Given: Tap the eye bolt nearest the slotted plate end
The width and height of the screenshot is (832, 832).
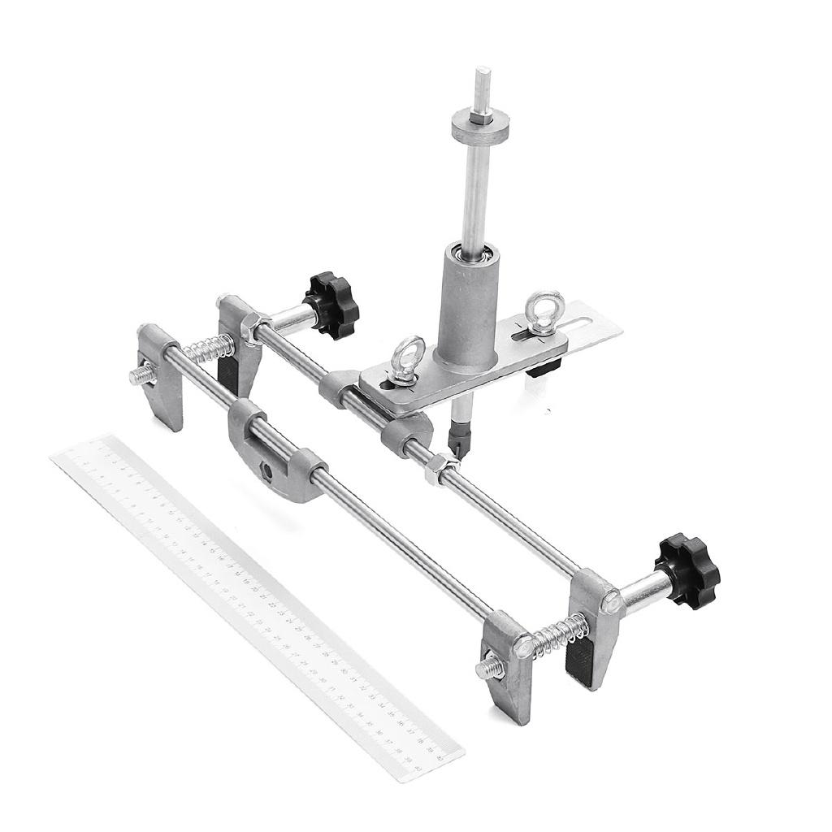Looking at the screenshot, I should point(541,311).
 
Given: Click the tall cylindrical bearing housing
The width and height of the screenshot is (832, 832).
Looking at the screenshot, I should point(468,305).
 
